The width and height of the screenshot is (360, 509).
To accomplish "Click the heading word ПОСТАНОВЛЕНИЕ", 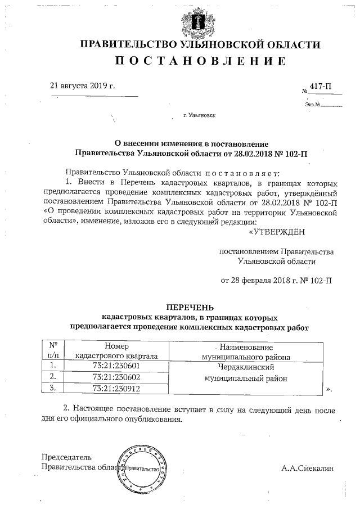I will tap(200, 60).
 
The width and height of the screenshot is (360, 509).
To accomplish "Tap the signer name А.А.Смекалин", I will tap(308, 467).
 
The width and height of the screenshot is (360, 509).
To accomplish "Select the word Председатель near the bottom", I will tap(67, 457).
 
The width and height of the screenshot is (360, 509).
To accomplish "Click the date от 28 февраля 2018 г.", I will tap(276, 280).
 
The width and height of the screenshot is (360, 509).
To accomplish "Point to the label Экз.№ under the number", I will tap(313, 104).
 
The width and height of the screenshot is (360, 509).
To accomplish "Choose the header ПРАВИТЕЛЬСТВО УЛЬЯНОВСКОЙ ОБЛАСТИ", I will tap(200, 44).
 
